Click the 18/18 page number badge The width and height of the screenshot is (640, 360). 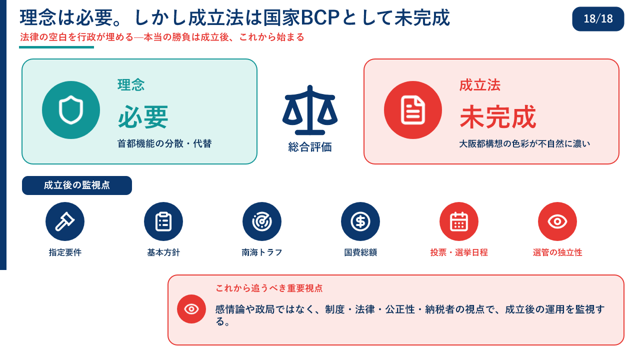(x=597, y=19)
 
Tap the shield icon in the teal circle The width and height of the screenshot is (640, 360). (x=71, y=110)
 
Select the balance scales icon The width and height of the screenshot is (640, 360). (x=310, y=110)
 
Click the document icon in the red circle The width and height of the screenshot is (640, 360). (x=413, y=110)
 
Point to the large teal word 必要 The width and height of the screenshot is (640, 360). (x=143, y=117)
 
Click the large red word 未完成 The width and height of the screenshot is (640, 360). (x=497, y=117)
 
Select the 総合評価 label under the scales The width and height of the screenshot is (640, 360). (x=310, y=147)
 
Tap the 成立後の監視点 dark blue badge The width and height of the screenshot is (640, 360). (x=77, y=185)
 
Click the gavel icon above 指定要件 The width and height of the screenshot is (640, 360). (x=65, y=221)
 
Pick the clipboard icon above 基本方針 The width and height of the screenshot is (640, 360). (x=163, y=221)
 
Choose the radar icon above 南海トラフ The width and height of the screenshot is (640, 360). (x=261, y=221)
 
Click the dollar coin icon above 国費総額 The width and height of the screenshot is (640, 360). (x=360, y=221)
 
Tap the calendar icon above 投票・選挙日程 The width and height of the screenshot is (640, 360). (x=459, y=221)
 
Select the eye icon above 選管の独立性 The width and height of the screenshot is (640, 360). (x=557, y=221)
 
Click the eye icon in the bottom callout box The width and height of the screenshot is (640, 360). (x=191, y=309)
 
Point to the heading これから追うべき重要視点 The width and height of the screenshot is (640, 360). (x=269, y=288)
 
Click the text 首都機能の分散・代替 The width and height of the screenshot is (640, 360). (x=164, y=143)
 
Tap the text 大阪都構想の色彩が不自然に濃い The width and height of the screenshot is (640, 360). (x=524, y=143)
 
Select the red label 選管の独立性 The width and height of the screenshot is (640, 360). (x=557, y=252)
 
